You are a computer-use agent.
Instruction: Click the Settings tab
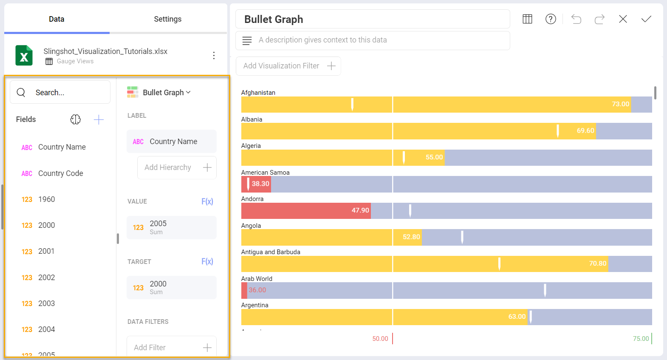pos(167,19)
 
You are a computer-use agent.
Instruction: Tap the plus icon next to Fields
pos(99,119)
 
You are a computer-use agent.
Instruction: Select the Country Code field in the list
pos(60,173)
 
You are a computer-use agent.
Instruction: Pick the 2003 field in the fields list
pos(46,303)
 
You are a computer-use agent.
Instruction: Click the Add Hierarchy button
pos(177,167)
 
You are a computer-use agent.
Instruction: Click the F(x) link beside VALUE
pos(207,201)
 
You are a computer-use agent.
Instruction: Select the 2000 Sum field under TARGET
pos(171,287)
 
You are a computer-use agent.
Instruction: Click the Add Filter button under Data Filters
pos(172,347)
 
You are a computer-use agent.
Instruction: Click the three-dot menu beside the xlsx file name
pos(214,55)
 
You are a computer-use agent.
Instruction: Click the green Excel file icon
pos(24,55)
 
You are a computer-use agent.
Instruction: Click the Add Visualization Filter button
pos(288,66)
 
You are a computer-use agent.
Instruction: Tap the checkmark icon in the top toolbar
pos(646,19)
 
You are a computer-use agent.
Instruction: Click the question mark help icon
pos(551,19)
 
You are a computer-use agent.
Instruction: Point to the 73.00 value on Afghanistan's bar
pos(620,104)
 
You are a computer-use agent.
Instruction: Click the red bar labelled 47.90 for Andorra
pos(306,210)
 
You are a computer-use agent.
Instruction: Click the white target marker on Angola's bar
pos(462,237)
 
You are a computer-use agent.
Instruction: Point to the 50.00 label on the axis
pos(380,339)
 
